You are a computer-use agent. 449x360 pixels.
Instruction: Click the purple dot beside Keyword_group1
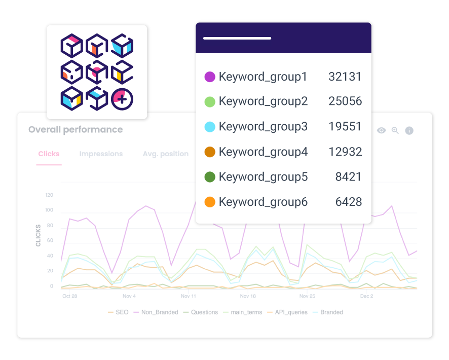(x=210, y=77)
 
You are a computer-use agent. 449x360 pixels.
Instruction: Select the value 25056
(x=345, y=101)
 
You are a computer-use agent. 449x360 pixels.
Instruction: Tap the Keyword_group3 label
(x=263, y=127)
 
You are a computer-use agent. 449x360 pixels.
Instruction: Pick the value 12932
(x=345, y=152)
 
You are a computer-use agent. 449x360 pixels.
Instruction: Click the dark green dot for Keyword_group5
(x=210, y=177)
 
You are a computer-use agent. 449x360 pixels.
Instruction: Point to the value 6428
(x=348, y=202)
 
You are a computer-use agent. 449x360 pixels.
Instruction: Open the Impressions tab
(x=101, y=154)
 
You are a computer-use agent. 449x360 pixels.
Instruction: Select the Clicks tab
(x=49, y=154)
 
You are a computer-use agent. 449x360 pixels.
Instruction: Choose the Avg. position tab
(x=165, y=154)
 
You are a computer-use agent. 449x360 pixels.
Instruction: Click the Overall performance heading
(x=76, y=129)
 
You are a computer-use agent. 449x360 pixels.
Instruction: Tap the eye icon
(x=381, y=130)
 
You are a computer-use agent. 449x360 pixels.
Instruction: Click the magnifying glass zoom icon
(x=395, y=130)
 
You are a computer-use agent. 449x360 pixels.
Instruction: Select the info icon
(x=409, y=130)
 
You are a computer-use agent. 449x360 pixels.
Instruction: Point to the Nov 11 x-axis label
(x=188, y=296)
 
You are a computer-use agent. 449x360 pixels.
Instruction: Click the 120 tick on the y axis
(x=49, y=195)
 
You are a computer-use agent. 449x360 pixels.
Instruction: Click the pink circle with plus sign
(x=122, y=99)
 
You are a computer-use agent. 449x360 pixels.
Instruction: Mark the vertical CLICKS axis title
(x=38, y=235)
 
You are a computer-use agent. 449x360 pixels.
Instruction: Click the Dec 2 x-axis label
(x=366, y=296)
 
